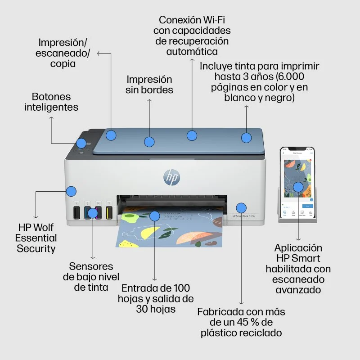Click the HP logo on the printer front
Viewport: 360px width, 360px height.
coord(171,177)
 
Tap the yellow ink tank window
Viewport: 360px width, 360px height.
coord(108,212)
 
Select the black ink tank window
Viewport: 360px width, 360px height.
coord(76,212)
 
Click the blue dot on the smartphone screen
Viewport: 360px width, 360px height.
coord(298,187)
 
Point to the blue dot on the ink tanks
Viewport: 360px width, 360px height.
coord(93,213)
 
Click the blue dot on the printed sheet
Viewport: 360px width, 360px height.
coord(154,216)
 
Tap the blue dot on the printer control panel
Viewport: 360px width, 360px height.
coord(81,143)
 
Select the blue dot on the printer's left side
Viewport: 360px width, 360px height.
coord(71,191)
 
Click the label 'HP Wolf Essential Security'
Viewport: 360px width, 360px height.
coord(36,238)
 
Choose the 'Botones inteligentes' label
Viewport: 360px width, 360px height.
coord(51,102)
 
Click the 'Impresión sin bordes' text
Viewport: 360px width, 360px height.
coord(149,85)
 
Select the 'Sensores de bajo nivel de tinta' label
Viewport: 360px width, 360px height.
coord(91,277)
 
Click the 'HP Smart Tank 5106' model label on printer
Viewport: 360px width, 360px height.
coord(243,216)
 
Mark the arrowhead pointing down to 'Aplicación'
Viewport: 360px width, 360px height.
coord(298,239)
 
